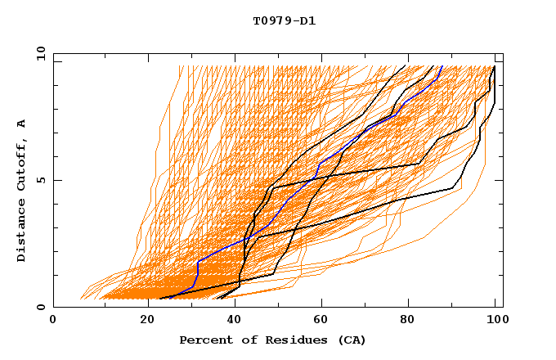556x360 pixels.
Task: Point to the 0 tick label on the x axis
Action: click(x=53, y=320)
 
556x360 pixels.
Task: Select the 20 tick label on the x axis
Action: click(x=142, y=320)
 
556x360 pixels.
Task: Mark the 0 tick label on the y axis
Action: click(x=41, y=307)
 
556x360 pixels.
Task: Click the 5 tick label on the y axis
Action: click(x=41, y=180)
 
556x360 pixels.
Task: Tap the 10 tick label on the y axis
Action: click(x=38, y=53)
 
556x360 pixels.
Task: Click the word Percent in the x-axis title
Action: click(x=204, y=340)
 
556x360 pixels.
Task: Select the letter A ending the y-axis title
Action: click(x=21, y=123)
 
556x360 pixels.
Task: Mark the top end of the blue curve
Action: click(x=442, y=65)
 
